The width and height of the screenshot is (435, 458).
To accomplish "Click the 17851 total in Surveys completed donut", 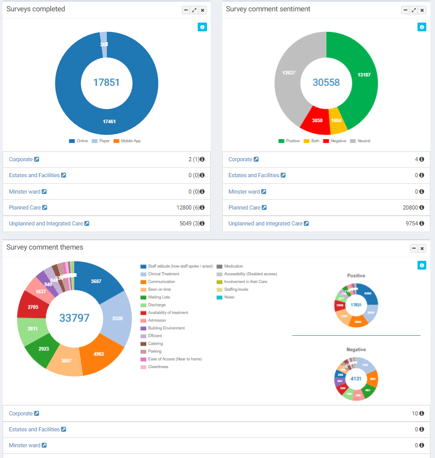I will pos(106,82).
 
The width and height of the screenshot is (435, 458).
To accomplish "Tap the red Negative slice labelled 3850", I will pos(314,120).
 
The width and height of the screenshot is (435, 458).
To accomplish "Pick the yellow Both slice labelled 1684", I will pos(336,120).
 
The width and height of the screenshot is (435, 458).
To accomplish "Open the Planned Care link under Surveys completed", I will pos(24,207).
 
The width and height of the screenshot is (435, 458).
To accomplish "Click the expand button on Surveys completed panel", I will pos(195,10).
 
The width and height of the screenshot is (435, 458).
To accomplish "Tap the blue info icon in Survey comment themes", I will pos(422,265).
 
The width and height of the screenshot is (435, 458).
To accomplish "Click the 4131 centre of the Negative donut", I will pos(356,379).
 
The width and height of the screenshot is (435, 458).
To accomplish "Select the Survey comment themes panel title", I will pos(45,247).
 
